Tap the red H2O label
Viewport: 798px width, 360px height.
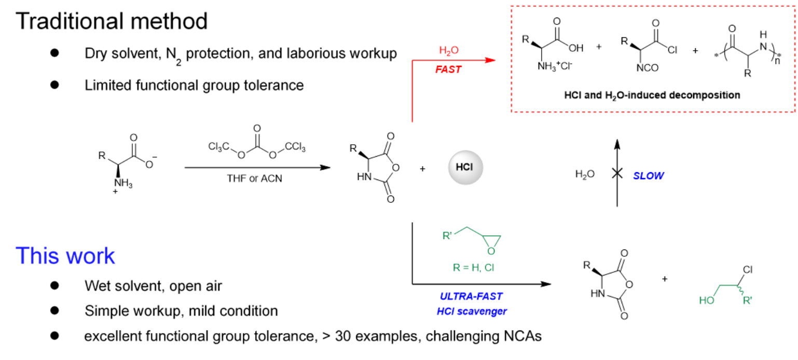point(449,51)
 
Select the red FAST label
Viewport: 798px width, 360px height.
point(449,70)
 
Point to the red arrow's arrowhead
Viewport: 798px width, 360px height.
point(491,60)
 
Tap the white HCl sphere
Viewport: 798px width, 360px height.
point(465,168)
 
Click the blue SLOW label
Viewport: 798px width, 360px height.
point(649,176)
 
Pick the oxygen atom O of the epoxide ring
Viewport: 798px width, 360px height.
point(491,252)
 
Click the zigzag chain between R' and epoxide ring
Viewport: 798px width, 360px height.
point(467,230)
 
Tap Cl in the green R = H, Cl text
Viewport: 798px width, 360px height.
point(489,268)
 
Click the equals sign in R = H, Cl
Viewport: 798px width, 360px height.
point(465,268)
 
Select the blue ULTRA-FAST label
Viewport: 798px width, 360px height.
point(471,297)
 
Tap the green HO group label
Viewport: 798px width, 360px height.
point(707,300)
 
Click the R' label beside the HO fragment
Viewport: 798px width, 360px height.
point(748,300)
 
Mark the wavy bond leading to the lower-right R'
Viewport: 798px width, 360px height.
point(741,291)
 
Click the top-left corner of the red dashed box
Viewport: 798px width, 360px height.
point(511,6)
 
